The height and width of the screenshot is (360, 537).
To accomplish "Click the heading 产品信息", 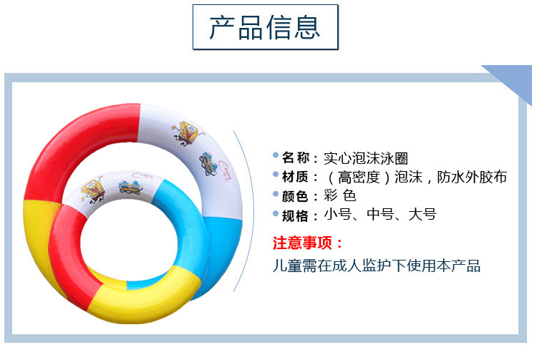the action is [x=265, y=27].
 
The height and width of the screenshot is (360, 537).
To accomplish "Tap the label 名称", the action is [x=296, y=157].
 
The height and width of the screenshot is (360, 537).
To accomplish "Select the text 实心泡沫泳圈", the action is [x=366, y=158].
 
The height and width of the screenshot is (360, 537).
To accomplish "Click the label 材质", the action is [x=295, y=177].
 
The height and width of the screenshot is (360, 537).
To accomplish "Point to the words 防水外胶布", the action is [x=472, y=177].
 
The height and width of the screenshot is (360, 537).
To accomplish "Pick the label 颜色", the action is [x=295, y=196].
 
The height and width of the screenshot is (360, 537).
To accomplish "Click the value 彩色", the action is [x=340, y=195].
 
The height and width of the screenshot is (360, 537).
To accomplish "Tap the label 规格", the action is [x=295, y=215].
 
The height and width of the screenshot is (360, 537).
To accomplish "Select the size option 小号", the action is [x=338, y=215].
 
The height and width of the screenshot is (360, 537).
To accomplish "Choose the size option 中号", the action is [x=380, y=215].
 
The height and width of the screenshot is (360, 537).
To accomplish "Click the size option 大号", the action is [x=422, y=215].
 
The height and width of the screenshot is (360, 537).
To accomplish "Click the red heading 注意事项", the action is [x=302, y=243].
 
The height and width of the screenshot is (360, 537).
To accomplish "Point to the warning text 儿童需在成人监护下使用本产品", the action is [x=377, y=266].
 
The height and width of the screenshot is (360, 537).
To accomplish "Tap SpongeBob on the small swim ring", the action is [x=92, y=189].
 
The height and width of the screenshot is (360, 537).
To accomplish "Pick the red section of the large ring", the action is [x=82, y=144].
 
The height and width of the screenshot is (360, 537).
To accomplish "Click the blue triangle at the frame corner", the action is [x=513, y=79].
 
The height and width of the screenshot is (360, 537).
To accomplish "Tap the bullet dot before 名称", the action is [x=276, y=155].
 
